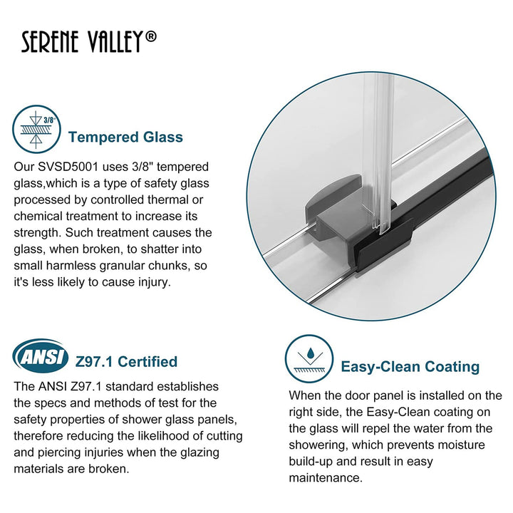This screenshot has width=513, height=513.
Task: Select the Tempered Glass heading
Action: coord(125,137)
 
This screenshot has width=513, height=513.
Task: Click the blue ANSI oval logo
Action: coord(40,355)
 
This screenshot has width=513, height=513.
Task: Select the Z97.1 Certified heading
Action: coord(126,362)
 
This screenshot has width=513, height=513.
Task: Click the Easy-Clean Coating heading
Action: coord(410,367)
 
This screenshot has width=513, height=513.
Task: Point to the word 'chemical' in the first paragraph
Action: coord(38,217)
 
